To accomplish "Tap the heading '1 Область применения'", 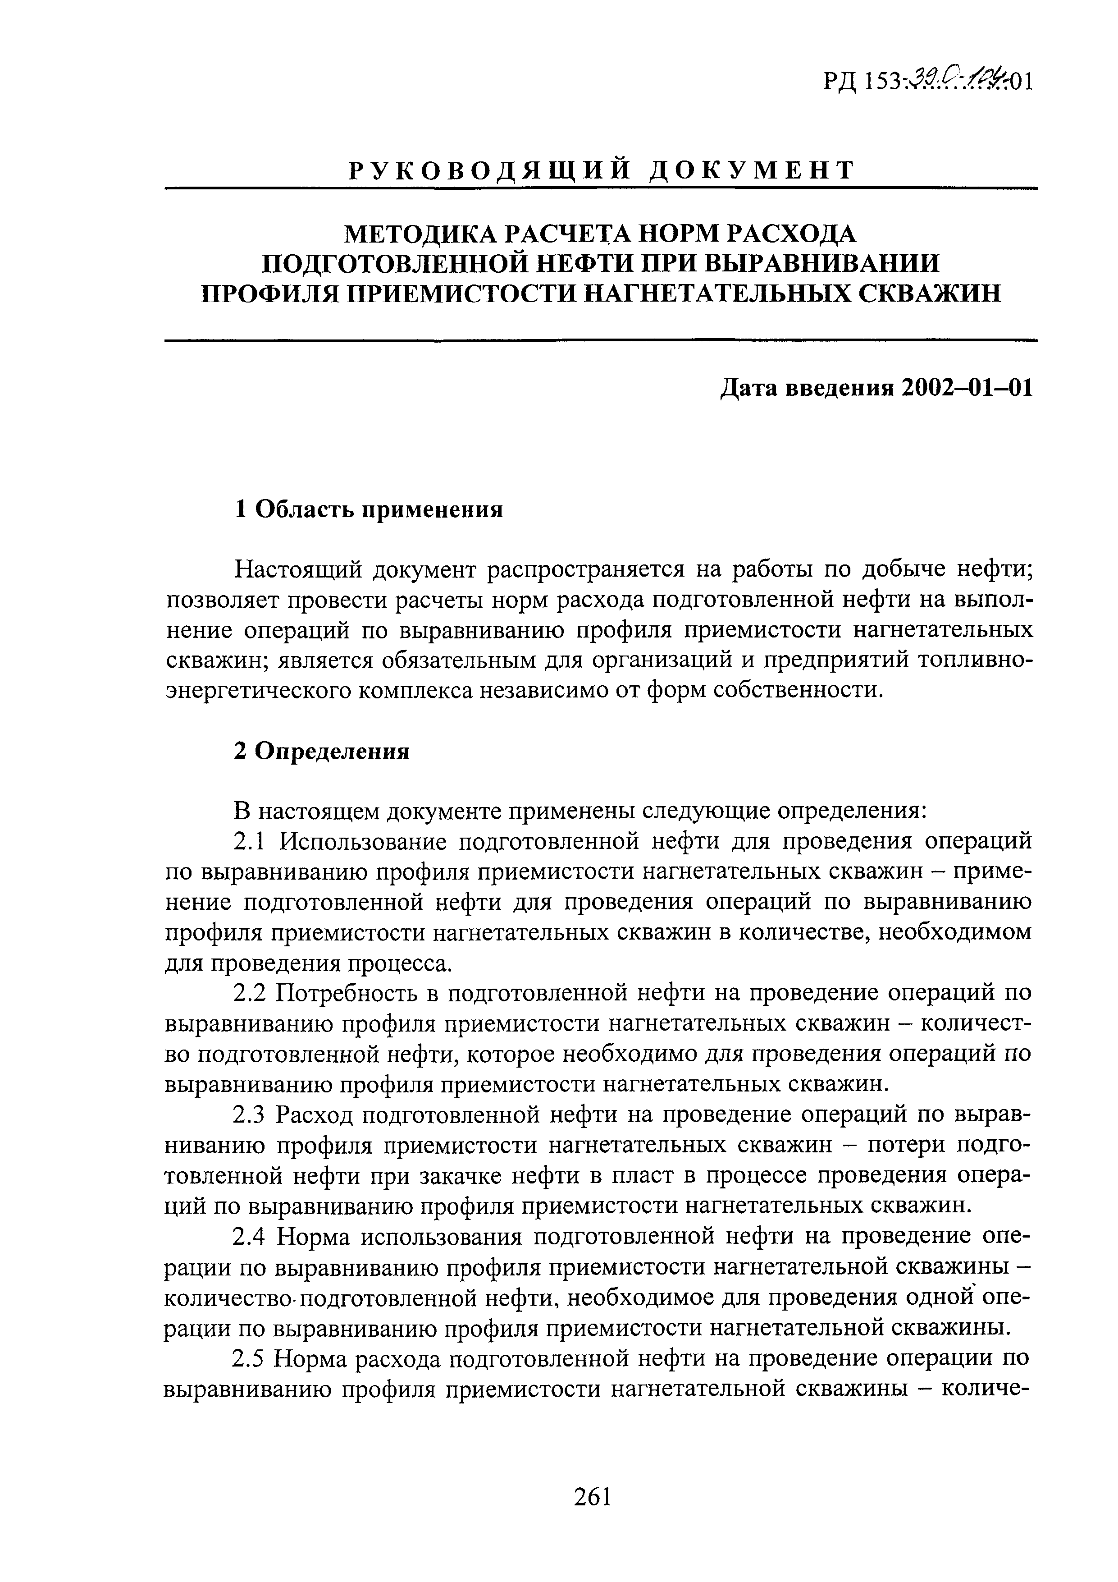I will [x=369, y=510].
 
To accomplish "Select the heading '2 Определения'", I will [x=322, y=751].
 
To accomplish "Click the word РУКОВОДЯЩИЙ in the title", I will [x=489, y=170].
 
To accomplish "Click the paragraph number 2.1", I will [x=249, y=842].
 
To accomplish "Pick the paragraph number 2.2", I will [x=249, y=993].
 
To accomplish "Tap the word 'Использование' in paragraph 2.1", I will [x=358, y=842].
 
